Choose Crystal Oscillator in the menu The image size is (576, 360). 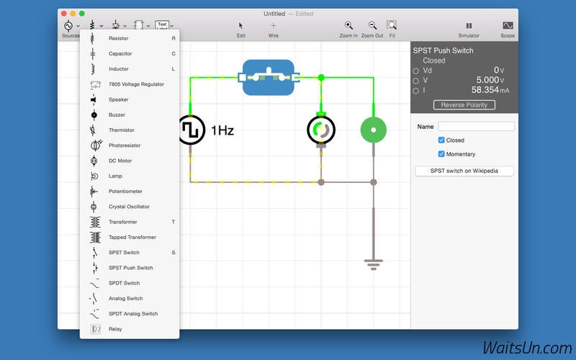point(130,207)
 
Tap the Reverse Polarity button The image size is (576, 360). point(464,105)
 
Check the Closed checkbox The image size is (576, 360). point(441,140)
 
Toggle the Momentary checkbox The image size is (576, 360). point(441,154)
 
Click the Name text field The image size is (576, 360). point(476,127)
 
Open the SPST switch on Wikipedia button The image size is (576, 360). point(464,171)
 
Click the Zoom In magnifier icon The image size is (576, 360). point(348,25)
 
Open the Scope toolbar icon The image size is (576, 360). point(508,25)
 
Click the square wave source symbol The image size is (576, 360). point(192,130)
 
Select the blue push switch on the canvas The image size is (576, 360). point(269,78)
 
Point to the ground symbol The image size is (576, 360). point(374,264)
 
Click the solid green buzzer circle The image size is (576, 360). point(374,130)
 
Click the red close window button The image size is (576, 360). point(64,14)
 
